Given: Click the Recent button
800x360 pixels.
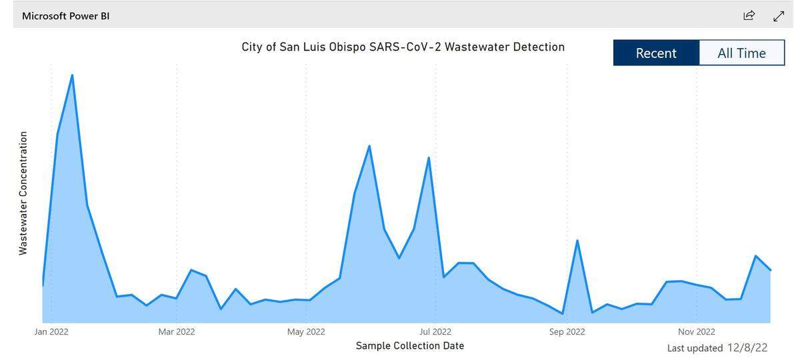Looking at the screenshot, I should click(x=656, y=53).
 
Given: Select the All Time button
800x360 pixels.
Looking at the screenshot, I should click(x=741, y=53).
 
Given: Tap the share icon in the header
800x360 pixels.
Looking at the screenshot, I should click(x=749, y=15).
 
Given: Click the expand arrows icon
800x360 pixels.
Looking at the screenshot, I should click(x=779, y=15).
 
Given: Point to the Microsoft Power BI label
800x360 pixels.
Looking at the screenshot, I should click(x=65, y=15).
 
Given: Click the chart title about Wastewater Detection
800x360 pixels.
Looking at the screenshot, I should click(x=403, y=47).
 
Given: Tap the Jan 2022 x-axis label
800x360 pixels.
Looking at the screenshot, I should click(x=51, y=331).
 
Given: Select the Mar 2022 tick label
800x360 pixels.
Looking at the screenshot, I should click(x=177, y=331).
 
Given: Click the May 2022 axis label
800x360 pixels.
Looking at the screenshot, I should click(x=306, y=331).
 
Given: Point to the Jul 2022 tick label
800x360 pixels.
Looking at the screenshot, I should click(x=435, y=331).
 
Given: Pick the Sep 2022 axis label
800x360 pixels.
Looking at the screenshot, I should click(x=567, y=331).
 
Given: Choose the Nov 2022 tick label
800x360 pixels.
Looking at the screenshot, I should click(x=697, y=331).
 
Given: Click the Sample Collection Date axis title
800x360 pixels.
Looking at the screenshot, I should click(x=409, y=345).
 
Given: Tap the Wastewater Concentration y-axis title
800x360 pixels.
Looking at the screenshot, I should click(x=23, y=193).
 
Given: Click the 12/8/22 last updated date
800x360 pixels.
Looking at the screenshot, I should click(x=747, y=347).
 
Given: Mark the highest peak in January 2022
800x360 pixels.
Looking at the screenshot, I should click(x=72, y=75).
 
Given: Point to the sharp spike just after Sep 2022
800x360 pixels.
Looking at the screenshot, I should click(x=577, y=241).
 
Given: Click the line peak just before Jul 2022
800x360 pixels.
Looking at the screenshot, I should click(x=429, y=158).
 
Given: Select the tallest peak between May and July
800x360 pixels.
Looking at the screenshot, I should click(x=369, y=146).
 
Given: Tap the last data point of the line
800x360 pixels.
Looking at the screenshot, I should click(x=771, y=270).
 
